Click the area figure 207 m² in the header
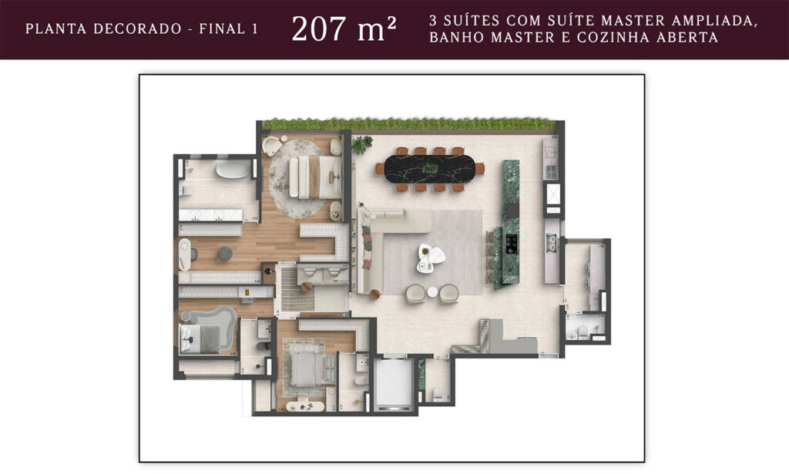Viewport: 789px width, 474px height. (x=344, y=29)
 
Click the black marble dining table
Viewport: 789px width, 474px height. (x=429, y=169)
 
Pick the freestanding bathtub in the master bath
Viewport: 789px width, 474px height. (x=233, y=169)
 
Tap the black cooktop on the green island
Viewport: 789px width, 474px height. (x=512, y=244)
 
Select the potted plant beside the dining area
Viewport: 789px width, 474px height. (x=361, y=144)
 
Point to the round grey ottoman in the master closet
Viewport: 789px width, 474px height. (x=225, y=254)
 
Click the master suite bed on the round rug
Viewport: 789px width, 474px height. (x=315, y=177)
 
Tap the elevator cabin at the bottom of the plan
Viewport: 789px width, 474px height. (x=394, y=382)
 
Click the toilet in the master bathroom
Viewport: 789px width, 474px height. (x=186, y=190)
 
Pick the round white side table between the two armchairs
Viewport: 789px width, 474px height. (x=432, y=292)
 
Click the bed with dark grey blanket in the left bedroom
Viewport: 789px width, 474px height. (x=200, y=338)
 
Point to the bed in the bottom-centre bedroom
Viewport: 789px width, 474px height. (x=313, y=369)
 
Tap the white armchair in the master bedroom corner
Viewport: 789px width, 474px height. (x=272, y=146)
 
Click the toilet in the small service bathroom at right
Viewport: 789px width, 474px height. (x=583, y=331)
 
